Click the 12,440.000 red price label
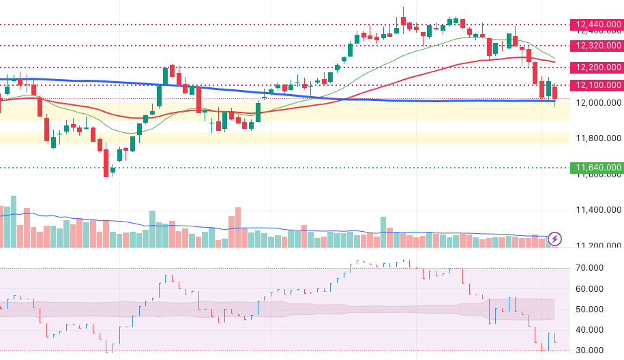[x=597, y=25]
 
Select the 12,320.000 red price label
[x=597, y=46]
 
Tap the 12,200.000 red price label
[x=597, y=67]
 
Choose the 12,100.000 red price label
[x=597, y=85]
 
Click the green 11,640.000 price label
[x=597, y=168]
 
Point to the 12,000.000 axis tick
[x=598, y=103]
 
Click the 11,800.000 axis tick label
[x=598, y=138]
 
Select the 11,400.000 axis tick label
[x=598, y=210]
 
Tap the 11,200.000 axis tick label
[x=598, y=245]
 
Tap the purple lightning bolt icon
[x=555, y=239]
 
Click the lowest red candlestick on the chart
[x=106, y=164]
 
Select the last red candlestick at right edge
[x=555, y=92]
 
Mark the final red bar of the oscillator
[x=555, y=338]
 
